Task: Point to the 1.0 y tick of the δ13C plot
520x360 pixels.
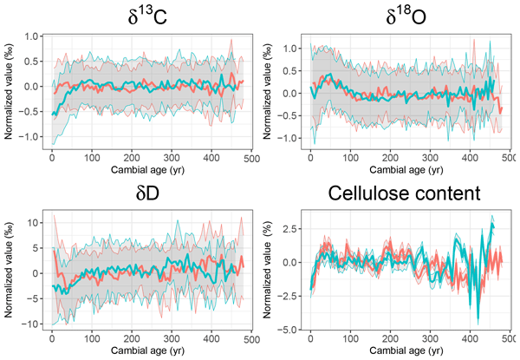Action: pyautogui.click(x=35, y=36)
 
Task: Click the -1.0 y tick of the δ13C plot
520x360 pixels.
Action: pyautogui.click(x=33, y=137)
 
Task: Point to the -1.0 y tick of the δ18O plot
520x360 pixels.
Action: pyautogui.click(x=291, y=137)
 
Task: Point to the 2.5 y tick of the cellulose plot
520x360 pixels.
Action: pyautogui.click(x=293, y=228)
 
